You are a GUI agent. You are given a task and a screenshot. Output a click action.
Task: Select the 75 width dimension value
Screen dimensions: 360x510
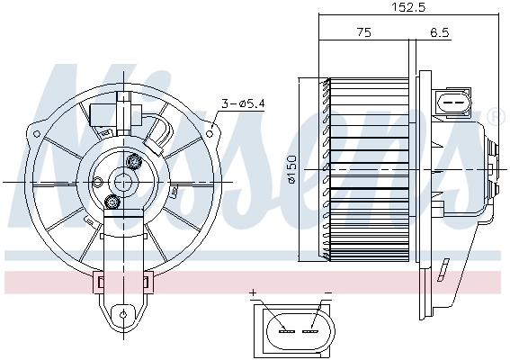pyautogui.click(x=363, y=32)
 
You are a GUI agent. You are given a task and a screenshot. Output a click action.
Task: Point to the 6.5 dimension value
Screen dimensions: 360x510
pyautogui.click(x=440, y=32)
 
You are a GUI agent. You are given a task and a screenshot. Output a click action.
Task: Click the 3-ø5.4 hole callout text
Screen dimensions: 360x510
pyautogui.click(x=243, y=104)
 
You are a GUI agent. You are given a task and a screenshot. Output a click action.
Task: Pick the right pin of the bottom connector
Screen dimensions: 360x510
pyautogui.click(x=311, y=330)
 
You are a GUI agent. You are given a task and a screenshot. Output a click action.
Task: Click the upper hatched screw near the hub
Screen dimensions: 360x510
pyautogui.click(x=135, y=162)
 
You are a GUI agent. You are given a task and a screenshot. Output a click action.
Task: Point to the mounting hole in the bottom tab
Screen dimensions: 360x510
pyautogui.click(x=121, y=315)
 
